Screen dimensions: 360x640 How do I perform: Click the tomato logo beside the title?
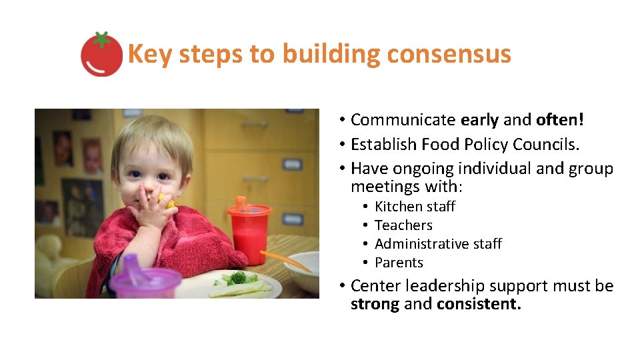[x=101, y=54]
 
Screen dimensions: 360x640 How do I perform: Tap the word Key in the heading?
[x=150, y=54]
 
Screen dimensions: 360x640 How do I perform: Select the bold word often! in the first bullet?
[x=560, y=120]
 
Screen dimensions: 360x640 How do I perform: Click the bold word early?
[x=479, y=120]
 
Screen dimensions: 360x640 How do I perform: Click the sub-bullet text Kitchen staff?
[x=415, y=207]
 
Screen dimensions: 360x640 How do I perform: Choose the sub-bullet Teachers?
[x=403, y=225]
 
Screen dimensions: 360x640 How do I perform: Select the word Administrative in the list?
[x=419, y=244]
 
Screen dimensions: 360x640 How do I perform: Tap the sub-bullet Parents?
[x=399, y=263]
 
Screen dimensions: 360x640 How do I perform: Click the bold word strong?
[x=375, y=305]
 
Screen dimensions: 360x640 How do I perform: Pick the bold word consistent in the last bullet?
[x=478, y=305]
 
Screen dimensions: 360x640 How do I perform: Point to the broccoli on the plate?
[x=239, y=277]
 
